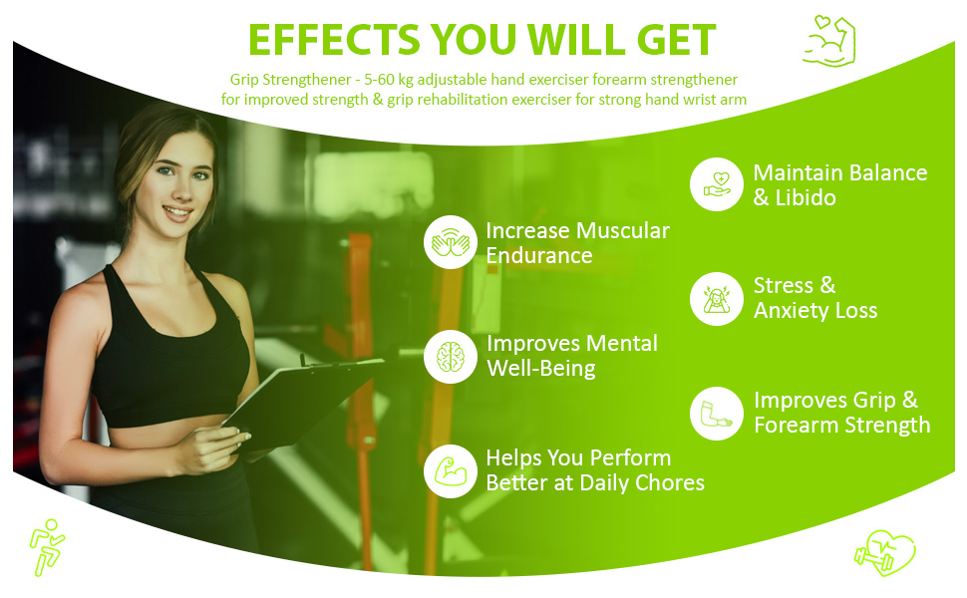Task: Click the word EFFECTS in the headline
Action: pos(334,40)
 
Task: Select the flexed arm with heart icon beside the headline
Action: pos(829,41)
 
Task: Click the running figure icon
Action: pos(47,547)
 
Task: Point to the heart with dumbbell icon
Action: pos(885,553)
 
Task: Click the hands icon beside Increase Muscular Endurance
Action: pos(451,241)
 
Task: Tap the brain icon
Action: pos(451,357)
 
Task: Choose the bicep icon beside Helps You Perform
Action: pos(451,471)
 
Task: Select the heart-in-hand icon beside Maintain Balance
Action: pos(717,184)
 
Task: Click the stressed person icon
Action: pos(717,299)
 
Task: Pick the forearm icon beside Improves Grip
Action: pos(717,414)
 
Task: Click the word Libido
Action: pos(806,198)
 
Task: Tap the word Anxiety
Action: pos(791,310)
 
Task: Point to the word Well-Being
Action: pos(541,369)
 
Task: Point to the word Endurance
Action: pos(539,255)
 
